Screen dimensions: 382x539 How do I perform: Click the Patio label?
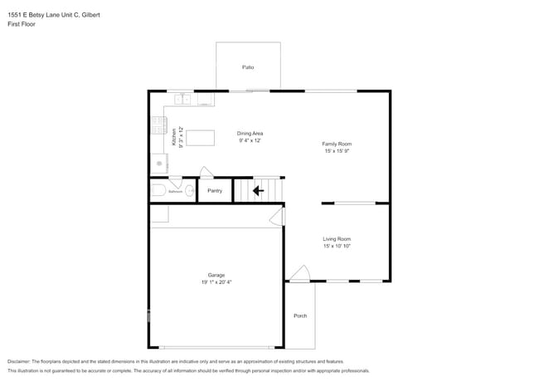pyautogui.click(x=248, y=67)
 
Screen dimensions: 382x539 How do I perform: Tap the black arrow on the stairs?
pyautogui.click(x=258, y=190)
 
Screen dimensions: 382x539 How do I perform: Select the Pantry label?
pyautogui.click(x=215, y=190)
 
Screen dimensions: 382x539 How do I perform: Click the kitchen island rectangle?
pyautogui.click(x=200, y=137)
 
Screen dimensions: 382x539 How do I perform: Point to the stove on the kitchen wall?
pyautogui.click(x=158, y=125)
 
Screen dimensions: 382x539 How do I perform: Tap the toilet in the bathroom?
pyautogui.click(x=158, y=190)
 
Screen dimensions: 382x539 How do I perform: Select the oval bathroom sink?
pyautogui.click(x=190, y=191)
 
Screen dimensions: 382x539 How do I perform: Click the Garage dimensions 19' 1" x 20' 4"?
pyautogui.click(x=216, y=282)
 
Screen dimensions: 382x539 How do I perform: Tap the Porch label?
pyautogui.click(x=300, y=316)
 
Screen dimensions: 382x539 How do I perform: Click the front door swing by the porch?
pyautogui.click(x=299, y=274)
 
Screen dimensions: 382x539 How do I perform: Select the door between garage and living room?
pyautogui.click(x=277, y=217)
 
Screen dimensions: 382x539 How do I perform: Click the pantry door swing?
pyautogui.click(x=206, y=172)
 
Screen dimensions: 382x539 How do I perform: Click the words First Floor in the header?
pyautogui.click(x=22, y=24)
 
